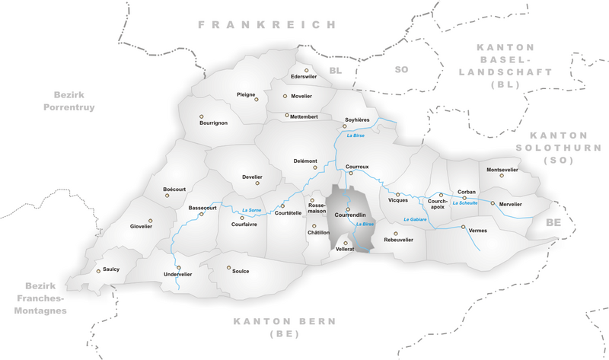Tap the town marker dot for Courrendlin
(348, 209)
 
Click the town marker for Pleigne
(257, 100)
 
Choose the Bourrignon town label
(213, 123)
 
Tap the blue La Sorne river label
(250, 210)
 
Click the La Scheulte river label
(464, 203)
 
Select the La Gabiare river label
(415, 219)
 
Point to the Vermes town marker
(463, 226)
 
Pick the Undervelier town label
(178, 274)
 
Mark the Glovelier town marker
(151, 220)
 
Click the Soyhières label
(357, 119)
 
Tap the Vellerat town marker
(346, 243)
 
